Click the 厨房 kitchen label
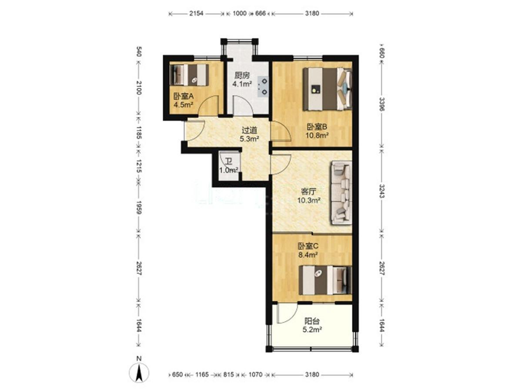242,76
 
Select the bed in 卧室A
189,75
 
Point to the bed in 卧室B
327,89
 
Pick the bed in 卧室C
325,280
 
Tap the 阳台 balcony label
312,321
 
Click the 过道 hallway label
249,130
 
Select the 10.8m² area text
317,136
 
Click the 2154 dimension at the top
196,13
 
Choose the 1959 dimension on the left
139,208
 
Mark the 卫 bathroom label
229,162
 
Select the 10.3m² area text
309,200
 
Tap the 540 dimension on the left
139,52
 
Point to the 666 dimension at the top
261,13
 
